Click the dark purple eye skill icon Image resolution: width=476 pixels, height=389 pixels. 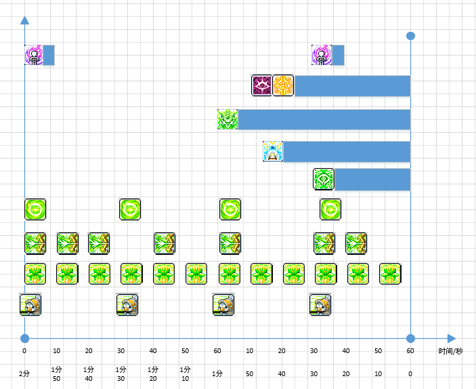[x=261, y=85]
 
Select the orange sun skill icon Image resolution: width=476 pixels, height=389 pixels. [x=283, y=85]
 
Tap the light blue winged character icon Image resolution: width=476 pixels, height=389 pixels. [x=273, y=151]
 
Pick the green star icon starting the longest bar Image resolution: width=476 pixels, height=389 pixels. [x=228, y=119]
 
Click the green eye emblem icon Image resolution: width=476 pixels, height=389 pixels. [x=324, y=180]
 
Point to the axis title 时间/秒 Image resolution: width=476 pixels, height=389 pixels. [x=450, y=351]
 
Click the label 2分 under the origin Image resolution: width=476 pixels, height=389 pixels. [x=24, y=374]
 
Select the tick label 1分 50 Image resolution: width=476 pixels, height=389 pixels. [x=56, y=374]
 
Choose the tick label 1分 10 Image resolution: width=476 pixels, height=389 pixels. [x=185, y=374]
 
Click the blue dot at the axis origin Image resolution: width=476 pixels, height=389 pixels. [x=24, y=339]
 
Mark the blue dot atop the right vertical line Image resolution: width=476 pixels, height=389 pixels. [x=410, y=36]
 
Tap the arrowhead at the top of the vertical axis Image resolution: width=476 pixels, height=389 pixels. [x=24, y=20]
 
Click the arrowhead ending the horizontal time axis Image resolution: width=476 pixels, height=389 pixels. [x=452, y=339]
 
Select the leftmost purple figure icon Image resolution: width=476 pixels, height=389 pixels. [x=34, y=55]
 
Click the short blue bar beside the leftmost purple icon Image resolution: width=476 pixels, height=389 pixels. [x=49, y=55]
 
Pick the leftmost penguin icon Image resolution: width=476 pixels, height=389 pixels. [x=30, y=305]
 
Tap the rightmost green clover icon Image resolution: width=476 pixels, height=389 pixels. [x=390, y=274]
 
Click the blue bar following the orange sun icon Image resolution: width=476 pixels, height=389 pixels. [x=353, y=86]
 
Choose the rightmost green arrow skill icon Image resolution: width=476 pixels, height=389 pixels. [x=356, y=243]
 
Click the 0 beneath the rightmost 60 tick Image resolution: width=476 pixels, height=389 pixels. [x=410, y=374]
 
